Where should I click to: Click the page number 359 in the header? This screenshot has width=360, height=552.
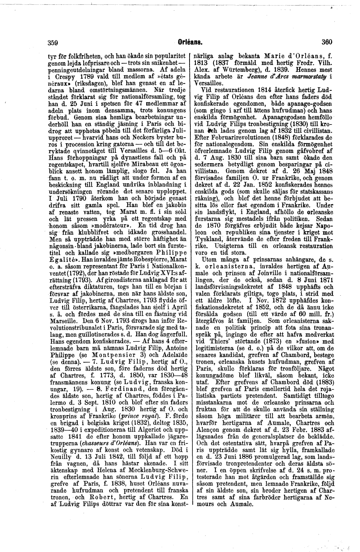tap(53, 41)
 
